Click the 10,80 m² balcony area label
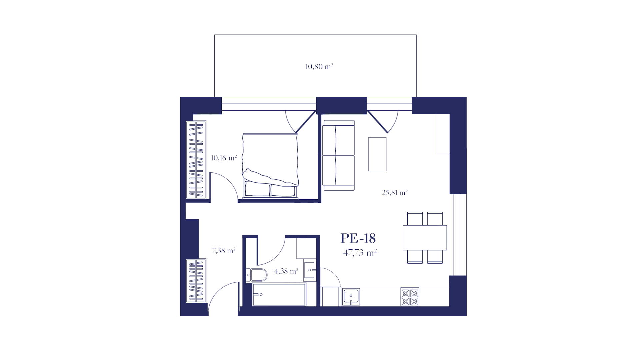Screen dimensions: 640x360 (x=319, y=67)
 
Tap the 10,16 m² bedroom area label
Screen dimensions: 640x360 (x=224, y=158)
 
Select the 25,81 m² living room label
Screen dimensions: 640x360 (x=395, y=192)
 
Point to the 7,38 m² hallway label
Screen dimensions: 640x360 (x=224, y=250)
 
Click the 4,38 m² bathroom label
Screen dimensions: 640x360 (x=286, y=271)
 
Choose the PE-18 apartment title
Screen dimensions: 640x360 (x=358, y=238)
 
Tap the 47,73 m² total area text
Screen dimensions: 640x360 (x=360, y=253)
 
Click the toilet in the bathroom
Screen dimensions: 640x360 (x=257, y=275)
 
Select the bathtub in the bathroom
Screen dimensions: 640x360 (x=279, y=295)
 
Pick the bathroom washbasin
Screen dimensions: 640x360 (x=310, y=270)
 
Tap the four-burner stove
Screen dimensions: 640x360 (x=410, y=297)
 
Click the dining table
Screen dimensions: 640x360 (x=425, y=238)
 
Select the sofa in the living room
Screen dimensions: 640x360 (x=338, y=155)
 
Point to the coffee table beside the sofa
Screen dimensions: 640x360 (x=377, y=154)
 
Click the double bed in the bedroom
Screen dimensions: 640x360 (x=270, y=166)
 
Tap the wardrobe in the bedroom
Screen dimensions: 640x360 (x=196, y=160)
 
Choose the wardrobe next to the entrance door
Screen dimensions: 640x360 (x=196, y=281)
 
